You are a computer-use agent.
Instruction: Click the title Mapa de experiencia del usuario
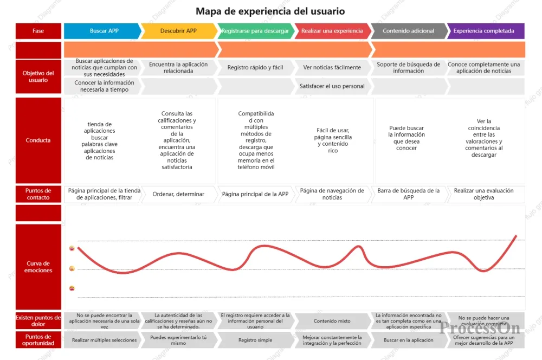270,11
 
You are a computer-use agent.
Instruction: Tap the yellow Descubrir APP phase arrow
178,31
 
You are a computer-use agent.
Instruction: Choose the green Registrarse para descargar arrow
255,31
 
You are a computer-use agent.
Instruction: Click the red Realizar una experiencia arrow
332,31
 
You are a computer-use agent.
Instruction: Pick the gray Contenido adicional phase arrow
408,31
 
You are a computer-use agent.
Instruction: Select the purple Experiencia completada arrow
483,31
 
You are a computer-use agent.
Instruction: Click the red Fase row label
38,31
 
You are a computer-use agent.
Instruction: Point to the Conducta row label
38,140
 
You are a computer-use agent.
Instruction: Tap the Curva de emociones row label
38,267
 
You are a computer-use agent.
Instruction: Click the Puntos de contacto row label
38,194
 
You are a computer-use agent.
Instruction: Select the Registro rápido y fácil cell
255,68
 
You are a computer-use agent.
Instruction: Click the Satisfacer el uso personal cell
332,86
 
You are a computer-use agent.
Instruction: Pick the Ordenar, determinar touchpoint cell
178,194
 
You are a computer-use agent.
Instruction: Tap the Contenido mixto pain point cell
332,321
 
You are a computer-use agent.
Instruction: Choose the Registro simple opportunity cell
255,340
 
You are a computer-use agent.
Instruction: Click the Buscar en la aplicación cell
408,340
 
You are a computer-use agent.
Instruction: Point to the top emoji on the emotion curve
72,248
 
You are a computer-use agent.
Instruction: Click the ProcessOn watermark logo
480,327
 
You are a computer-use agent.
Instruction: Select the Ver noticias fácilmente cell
332,68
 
